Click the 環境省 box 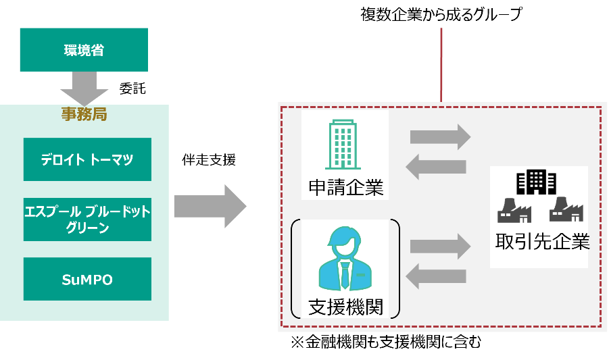click(x=84, y=50)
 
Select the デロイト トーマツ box click(x=87, y=159)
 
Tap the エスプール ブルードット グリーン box click(x=87, y=220)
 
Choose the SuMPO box click(x=87, y=279)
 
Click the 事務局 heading click(x=84, y=114)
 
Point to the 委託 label click(x=132, y=89)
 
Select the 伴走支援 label click(x=209, y=160)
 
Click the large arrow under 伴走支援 click(x=210, y=207)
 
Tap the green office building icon click(x=343, y=145)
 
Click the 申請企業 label click(x=346, y=187)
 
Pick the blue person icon click(x=345, y=259)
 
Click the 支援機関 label click(x=345, y=307)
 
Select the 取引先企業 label click(x=543, y=241)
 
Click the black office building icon click(x=537, y=182)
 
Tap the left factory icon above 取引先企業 click(x=514, y=210)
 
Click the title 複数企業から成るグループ click(x=441, y=14)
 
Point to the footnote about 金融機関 click(x=387, y=342)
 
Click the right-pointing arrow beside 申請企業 click(x=441, y=137)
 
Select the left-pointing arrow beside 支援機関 click(x=436, y=276)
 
